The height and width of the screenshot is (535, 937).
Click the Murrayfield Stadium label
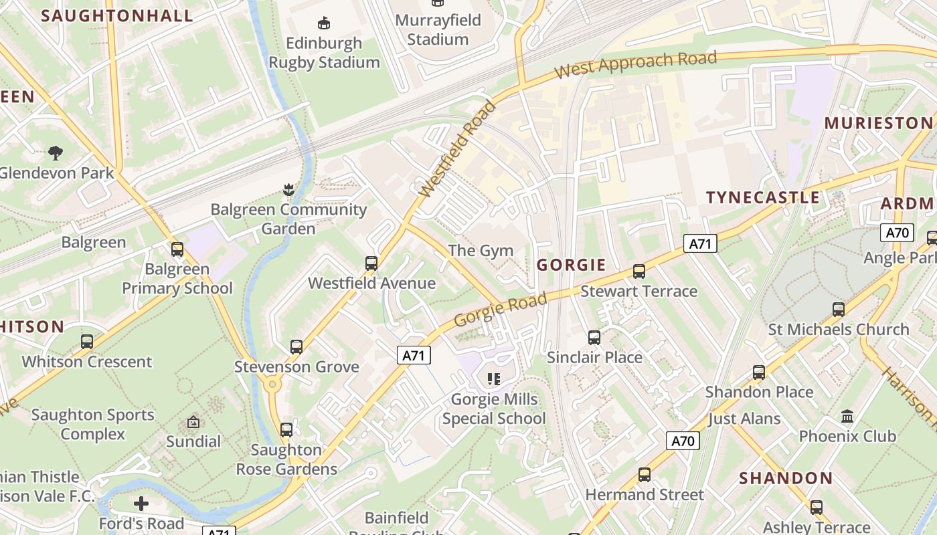point(438,29)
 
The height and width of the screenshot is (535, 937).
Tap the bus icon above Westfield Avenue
point(371,263)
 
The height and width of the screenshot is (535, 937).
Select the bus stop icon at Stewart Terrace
point(639,271)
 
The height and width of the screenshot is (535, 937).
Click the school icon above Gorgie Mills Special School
point(494,379)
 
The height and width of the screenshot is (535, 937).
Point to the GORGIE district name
point(571,265)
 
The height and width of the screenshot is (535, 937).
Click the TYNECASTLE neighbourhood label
point(763,197)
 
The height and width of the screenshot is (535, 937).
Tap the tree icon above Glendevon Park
point(56,152)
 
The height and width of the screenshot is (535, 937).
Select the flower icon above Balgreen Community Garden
point(288,189)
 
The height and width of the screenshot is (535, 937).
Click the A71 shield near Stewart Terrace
point(700,243)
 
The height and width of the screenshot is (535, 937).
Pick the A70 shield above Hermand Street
point(683,441)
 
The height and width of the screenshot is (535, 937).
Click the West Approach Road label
point(636,64)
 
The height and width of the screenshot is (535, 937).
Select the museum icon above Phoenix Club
point(847,417)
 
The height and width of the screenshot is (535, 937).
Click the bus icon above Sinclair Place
point(594,337)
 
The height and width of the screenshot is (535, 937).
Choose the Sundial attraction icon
point(193,422)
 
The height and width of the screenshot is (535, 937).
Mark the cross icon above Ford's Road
point(141,503)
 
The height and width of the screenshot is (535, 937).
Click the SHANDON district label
point(786,478)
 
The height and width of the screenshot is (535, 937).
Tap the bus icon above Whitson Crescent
point(87,341)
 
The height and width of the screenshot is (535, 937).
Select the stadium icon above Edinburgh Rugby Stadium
point(324,23)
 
